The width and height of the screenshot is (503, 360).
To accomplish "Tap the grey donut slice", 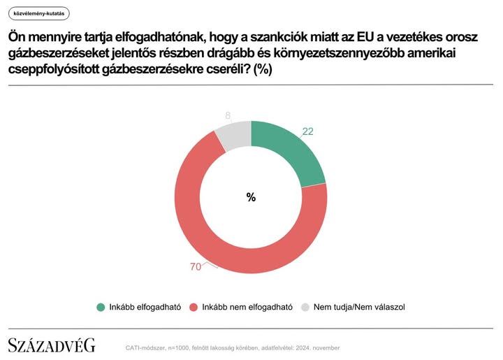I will click(233, 134).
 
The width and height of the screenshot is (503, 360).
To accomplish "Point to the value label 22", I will click(308, 131).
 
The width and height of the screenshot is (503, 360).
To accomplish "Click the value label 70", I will click(196, 266).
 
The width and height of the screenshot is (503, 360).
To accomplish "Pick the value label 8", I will click(228, 115).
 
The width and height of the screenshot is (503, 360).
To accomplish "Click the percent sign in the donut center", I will click(251, 197).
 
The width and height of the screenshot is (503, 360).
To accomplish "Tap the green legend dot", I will click(101, 307).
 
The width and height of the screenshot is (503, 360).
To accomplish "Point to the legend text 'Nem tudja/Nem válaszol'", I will click(359, 307).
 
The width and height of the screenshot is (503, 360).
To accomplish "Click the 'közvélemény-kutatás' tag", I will click(39, 14).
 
